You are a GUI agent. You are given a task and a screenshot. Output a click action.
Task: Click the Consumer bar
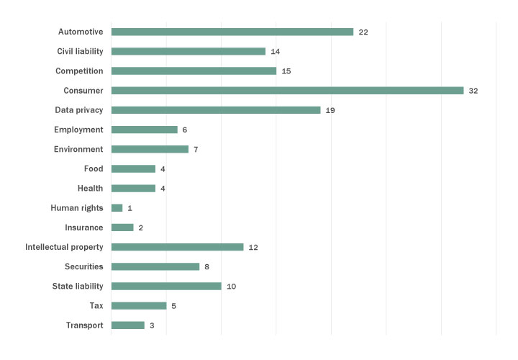click(287, 91)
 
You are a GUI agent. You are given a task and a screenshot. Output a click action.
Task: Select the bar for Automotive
click(232, 32)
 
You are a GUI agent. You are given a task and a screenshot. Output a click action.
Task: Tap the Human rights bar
click(117, 208)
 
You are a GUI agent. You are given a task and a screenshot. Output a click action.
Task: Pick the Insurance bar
click(122, 228)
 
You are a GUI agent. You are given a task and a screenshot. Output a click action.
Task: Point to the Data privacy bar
click(216, 110)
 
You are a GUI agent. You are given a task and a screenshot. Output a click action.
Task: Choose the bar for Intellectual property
click(178, 247)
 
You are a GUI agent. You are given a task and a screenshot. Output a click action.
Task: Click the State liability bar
click(166, 286)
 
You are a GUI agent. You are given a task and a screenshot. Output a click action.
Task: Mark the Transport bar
click(128, 325)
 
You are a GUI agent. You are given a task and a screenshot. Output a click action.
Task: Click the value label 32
click(473, 91)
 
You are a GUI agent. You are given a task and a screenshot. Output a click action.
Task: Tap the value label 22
click(363, 32)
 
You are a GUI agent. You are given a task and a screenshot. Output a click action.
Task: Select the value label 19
click(330, 110)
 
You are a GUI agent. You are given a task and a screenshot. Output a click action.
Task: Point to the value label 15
click(286, 71)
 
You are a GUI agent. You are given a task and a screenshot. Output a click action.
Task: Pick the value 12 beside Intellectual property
click(253, 248)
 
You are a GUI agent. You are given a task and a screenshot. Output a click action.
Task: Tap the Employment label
click(78, 130)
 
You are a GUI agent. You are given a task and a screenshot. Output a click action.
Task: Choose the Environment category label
click(78, 149)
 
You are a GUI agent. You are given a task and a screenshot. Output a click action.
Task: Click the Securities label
click(84, 266)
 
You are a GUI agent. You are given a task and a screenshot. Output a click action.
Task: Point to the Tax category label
click(96, 305)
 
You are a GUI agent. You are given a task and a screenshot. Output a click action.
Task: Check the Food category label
click(94, 168)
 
